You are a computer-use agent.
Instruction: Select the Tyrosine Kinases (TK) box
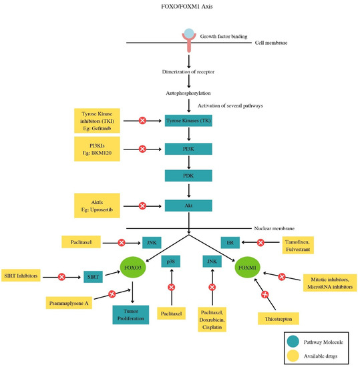tap(190, 120)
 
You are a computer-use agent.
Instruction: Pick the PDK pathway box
tap(190, 176)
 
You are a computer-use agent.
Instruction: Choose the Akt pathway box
tap(190, 206)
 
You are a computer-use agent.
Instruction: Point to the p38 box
tap(171, 263)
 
